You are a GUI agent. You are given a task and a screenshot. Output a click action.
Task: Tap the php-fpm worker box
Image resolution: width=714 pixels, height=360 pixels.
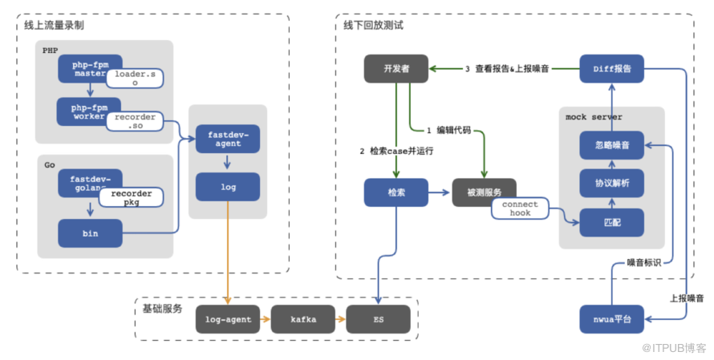[83, 111]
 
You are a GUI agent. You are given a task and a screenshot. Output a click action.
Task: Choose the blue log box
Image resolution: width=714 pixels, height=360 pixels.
[228, 186]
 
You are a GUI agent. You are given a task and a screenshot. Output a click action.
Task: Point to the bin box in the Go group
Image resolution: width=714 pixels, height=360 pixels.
[90, 233]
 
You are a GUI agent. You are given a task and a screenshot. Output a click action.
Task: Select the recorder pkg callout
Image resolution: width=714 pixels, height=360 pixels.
[131, 199]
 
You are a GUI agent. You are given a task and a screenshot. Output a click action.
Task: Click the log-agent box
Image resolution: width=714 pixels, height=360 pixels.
[228, 319]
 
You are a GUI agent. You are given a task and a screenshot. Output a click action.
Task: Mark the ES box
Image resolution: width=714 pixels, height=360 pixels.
[378, 319]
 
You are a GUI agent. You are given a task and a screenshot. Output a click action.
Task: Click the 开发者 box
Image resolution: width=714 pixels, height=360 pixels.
[396, 69]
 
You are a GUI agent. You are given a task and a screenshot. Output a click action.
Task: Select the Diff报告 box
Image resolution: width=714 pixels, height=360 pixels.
[611, 69]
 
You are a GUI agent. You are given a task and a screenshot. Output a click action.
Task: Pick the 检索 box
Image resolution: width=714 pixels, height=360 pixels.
[396, 192]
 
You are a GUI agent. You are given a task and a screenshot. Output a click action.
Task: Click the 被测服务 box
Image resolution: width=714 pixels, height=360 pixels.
[484, 192]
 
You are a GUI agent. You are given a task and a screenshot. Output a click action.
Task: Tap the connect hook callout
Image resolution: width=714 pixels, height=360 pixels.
[521, 209]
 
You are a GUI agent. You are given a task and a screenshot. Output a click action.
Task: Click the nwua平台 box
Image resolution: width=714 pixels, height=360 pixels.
[611, 319]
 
